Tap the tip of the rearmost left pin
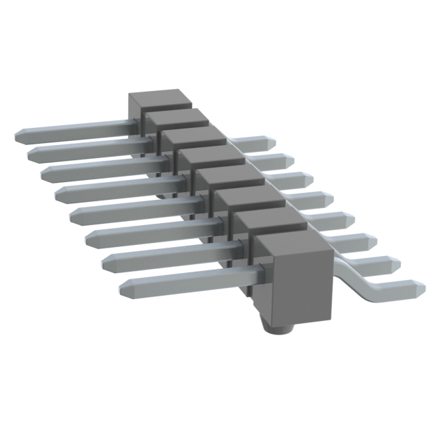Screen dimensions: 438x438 tap(16, 135)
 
